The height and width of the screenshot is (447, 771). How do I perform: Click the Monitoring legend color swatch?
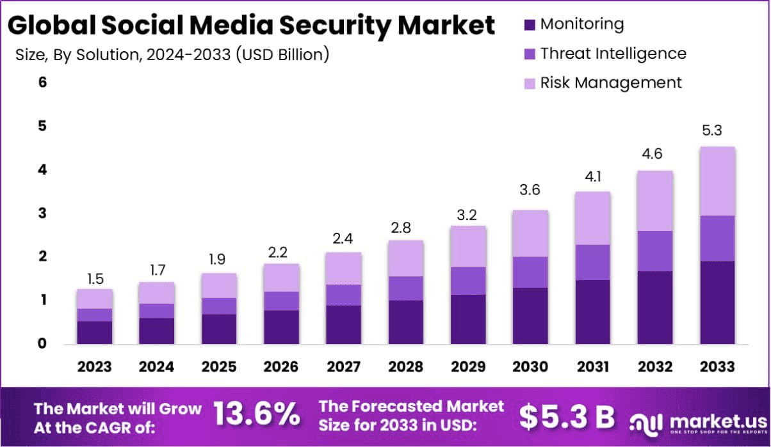pos(528,25)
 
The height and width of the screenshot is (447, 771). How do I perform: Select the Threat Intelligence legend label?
pos(613,54)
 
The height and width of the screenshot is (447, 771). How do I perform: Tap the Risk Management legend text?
pos(611,82)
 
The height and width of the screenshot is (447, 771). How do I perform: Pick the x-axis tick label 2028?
pos(405,366)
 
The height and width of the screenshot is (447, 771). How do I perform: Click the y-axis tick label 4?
pos(42,169)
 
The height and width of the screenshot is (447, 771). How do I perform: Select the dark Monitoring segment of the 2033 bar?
pos(717,302)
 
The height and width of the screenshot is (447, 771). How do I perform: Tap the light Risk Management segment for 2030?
pos(530,233)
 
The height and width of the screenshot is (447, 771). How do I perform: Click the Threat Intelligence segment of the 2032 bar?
pos(655,251)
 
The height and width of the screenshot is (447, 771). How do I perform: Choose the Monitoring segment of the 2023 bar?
pos(94,333)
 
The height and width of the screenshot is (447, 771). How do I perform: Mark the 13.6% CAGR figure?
pos(256,415)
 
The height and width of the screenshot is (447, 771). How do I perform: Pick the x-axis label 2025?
pos(219,366)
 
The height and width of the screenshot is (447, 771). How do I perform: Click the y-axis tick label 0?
pos(42,344)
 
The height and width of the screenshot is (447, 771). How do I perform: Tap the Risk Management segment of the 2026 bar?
pos(281,278)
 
